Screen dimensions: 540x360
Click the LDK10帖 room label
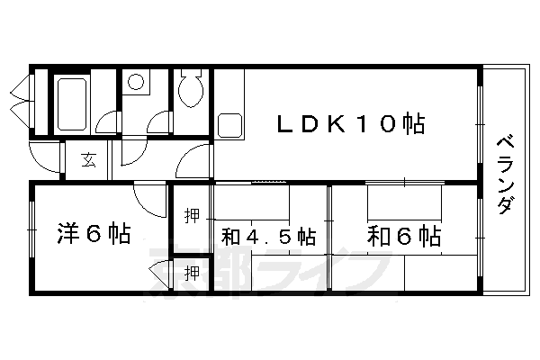pos(351,123)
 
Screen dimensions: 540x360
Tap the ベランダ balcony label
pos(506,175)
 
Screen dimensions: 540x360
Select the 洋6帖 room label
pos(94,234)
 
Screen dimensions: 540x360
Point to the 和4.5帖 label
pos(268,237)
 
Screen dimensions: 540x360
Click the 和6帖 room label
pos(404,236)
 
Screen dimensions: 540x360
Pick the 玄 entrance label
pos(88,159)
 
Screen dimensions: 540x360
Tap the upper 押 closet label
pos(192,216)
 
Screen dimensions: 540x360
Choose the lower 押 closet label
pos(192,274)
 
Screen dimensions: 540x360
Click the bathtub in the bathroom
pos(72,104)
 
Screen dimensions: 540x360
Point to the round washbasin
pos(136,82)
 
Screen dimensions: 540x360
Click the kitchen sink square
pos(230,125)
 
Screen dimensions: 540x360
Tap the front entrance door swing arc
pos(45,157)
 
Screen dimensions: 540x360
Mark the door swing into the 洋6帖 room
pos(149,201)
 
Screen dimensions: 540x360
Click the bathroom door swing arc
pos(107,123)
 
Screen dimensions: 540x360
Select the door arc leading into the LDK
pos(193,161)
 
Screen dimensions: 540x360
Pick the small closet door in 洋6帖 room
pos(160,274)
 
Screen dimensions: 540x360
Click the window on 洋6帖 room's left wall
pos(31,229)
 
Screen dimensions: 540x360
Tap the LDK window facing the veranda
pos(480,124)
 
